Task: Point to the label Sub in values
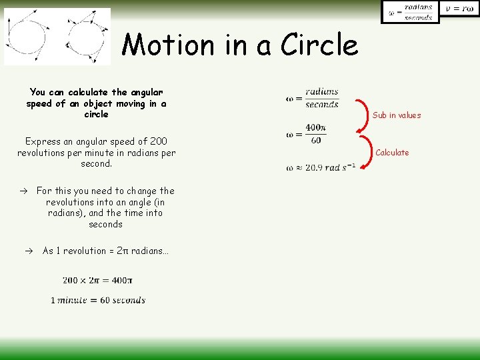(x=397, y=115)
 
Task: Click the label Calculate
(x=392, y=153)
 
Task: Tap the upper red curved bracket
(x=361, y=114)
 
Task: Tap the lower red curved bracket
(x=361, y=153)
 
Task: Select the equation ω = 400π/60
(x=306, y=133)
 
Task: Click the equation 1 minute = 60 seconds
(x=98, y=300)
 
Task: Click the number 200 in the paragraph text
(x=159, y=141)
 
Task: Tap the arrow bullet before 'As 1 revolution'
(x=29, y=251)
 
